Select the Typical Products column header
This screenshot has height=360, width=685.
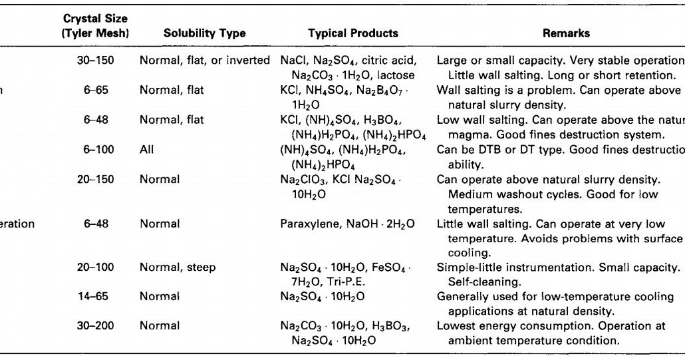coord(353,33)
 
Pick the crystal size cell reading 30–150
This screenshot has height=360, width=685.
coord(96,61)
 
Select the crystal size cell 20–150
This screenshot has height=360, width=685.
coord(96,180)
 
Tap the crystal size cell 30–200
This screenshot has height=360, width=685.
coord(96,325)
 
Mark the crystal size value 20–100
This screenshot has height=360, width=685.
coord(96,268)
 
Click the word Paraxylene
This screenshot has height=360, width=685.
coord(308,224)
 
